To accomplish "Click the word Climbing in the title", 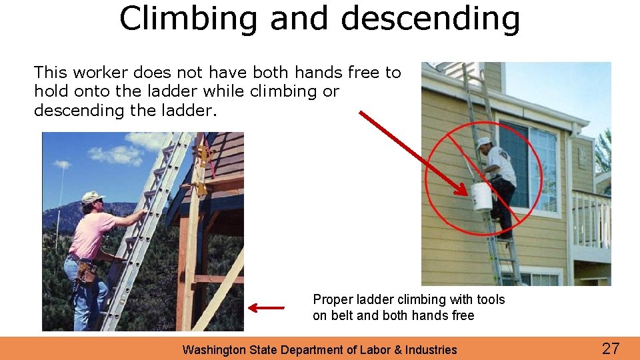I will tap(187, 19).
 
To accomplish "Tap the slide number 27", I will tap(611, 348).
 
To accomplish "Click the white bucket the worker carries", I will tap(481, 197).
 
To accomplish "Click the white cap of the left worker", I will tap(91, 197).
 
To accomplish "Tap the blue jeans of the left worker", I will tap(77, 300).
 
